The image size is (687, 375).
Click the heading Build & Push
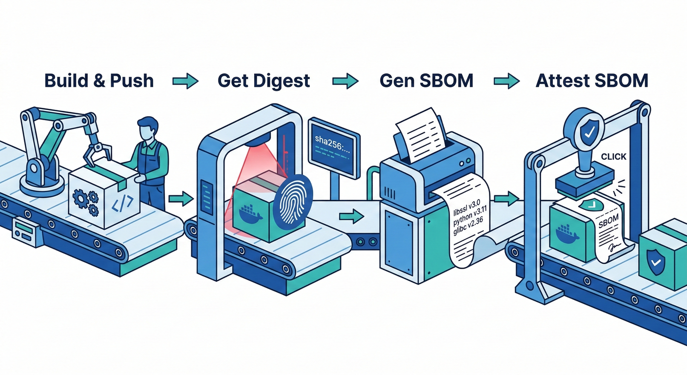point(99,81)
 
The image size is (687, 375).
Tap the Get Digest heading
point(264,81)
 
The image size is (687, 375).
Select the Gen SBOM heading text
point(426,81)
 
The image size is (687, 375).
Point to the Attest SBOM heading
point(592,81)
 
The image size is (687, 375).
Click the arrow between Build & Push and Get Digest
point(185,81)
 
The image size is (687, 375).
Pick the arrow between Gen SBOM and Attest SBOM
point(506,81)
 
